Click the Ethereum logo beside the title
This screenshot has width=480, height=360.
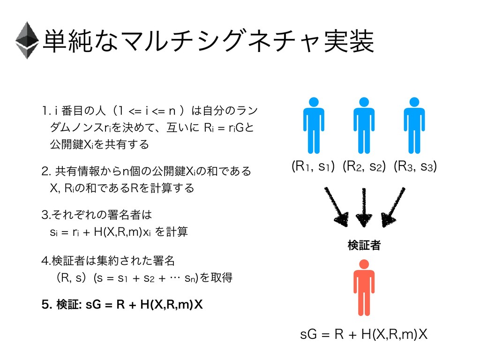[27, 40]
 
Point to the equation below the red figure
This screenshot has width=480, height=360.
[363, 335]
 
